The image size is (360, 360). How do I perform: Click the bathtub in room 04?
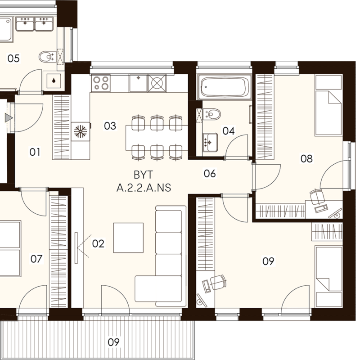225,87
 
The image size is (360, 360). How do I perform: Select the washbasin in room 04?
210,142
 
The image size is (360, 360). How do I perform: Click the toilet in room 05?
47,57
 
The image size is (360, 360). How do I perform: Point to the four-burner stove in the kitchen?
101,83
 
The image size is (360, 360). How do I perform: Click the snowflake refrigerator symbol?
80,131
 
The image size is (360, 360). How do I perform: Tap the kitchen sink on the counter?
138,83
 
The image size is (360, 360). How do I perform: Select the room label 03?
110,126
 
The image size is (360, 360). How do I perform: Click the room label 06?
210,173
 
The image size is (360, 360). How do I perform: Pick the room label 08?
306,158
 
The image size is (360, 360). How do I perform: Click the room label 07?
36,259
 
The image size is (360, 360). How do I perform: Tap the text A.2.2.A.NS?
144,188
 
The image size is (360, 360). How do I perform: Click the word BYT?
143,175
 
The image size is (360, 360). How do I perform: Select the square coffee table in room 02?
128,238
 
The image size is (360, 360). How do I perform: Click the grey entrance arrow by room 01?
9,118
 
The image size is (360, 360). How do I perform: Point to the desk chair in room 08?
317,197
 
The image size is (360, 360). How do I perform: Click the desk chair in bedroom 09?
218,282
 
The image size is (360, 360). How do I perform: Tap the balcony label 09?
114,342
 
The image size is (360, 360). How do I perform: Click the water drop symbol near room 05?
54,81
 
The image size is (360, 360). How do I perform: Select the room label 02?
98,243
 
